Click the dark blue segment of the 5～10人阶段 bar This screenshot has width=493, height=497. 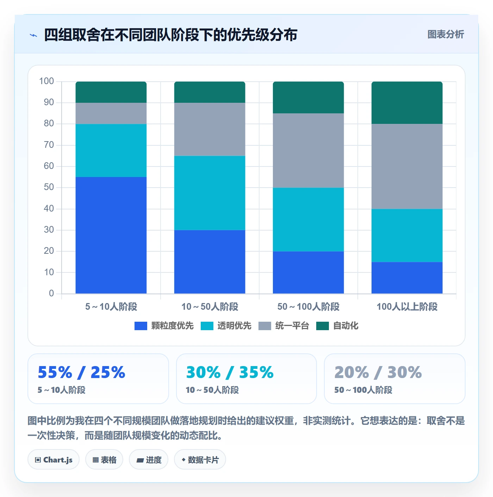pyautogui.click(x=111, y=235)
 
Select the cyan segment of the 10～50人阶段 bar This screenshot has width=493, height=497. pyautogui.click(x=210, y=193)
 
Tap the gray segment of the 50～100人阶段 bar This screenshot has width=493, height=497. pyautogui.click(x=308, y=150)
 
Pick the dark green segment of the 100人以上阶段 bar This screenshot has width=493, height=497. pyautogui.click(x=407, y=103)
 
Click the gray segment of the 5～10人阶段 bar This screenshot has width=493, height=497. pyautogui.click(x=111, y=113)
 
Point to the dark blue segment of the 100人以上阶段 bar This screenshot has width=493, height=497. pyautogui.click(x=407, y=278)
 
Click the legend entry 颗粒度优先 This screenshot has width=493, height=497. pyautogui.click(x=164, y=326)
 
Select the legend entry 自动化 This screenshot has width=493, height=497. pyautogui.click(x=337, y=326)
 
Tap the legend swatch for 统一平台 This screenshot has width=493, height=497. pyautogui.click(x=264, y=326)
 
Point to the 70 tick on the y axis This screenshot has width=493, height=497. pyautogui.click(x=49, y=145)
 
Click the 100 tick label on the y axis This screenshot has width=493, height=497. pyautogui.click(x=46, y=81)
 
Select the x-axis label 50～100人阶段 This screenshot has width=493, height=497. pyautogui.click(x=308, y=307)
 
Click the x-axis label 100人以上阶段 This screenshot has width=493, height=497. pyautogui.click(x=407, y=307)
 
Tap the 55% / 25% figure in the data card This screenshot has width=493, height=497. pyautogui.click(x=81, y=372)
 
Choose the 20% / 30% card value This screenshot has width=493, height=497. pyautogui.click(x=378, y=372)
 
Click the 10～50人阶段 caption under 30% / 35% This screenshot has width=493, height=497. pyautogui.click(x=212, y=390)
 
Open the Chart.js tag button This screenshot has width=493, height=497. pyautogui.click(x=54, y=460)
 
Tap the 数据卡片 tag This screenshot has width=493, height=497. pyautogui.click(x=200, y=460)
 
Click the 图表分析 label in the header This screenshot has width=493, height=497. pyautogui.click(x=445, y=34)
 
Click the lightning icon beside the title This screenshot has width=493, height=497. pyautogui.click(x=33, y=35)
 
